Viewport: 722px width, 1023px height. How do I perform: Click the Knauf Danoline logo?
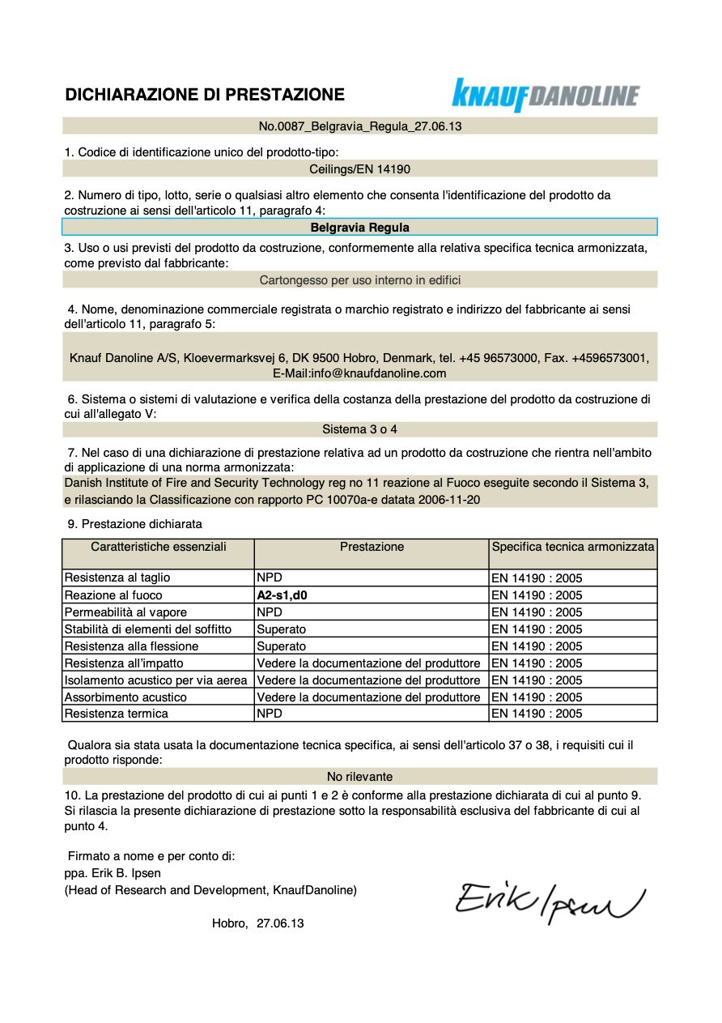tap(546, 96)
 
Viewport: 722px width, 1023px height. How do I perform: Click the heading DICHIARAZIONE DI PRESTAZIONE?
tap(205, 95)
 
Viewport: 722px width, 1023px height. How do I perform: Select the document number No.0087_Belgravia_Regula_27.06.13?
tap(360, 126)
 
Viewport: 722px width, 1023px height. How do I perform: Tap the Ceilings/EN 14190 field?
tap(360, 169)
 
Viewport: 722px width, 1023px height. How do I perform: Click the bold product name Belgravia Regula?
tap(360, 228)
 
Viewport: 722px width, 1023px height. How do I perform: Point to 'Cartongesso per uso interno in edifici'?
tap(360, 280)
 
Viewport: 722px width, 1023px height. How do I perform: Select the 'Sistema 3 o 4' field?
tap(360, 429)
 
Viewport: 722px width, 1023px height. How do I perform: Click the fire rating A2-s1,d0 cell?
tap(282, 595)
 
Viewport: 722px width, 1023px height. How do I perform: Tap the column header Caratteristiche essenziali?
tap(159, 547)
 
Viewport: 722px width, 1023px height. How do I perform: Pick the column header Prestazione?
tap(372, 547)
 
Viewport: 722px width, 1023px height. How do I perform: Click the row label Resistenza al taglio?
tap(117, 578)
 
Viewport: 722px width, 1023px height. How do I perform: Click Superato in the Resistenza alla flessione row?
tap(282, 646)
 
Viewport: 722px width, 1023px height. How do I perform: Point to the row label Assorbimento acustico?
tap(125, 697)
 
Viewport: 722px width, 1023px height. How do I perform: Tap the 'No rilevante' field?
tap(360, 776)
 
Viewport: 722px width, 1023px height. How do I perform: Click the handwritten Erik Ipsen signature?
tap(550, 897)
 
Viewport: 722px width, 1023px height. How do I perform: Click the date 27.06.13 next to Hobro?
tap(280, 923)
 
